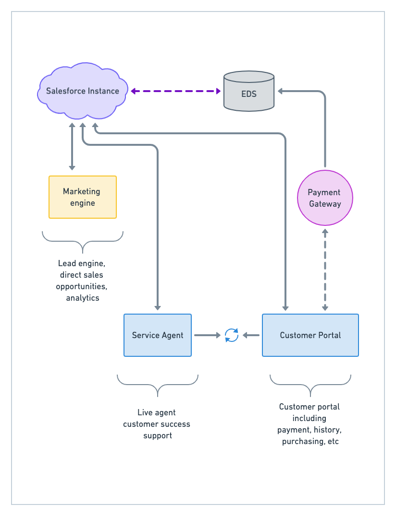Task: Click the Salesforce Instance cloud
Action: [83, 91]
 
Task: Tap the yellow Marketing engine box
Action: [83, 197]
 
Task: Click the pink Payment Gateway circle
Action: [325, 198]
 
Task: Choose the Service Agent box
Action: [158, 335]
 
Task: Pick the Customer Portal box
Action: [310, 335]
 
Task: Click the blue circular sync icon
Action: [232, 335]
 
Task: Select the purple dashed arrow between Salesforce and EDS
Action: [175, 91]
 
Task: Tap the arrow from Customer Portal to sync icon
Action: [251, 335]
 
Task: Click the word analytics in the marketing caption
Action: [83, 298]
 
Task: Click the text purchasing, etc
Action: [310, 441]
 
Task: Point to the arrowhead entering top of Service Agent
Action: [158, 307]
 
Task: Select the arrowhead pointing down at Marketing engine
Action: [72, 167]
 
